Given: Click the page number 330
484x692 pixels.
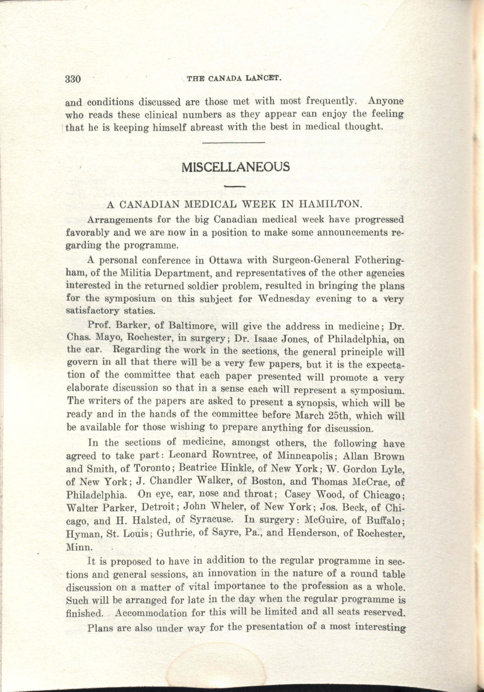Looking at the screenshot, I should click(x=73, y=79).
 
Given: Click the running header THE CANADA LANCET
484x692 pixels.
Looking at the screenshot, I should click(x=234, y=79).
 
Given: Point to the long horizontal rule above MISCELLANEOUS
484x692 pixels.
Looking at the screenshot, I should click(x=233, y=142).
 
